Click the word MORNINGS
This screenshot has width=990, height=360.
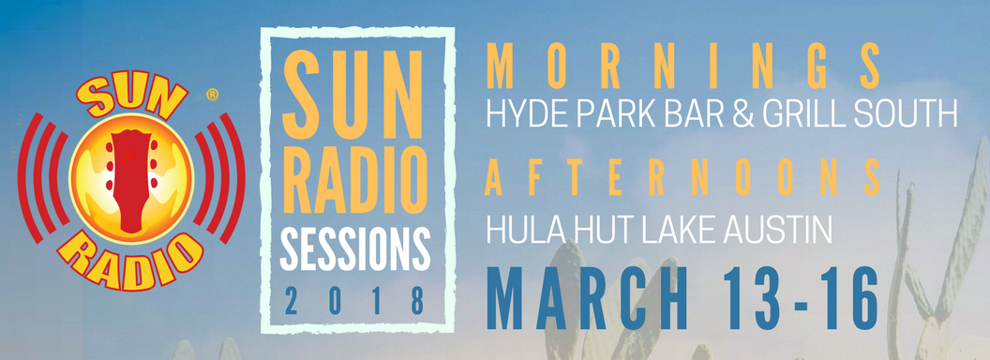685,67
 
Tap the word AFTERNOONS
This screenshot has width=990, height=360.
685,178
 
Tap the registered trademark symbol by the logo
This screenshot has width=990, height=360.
213,95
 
